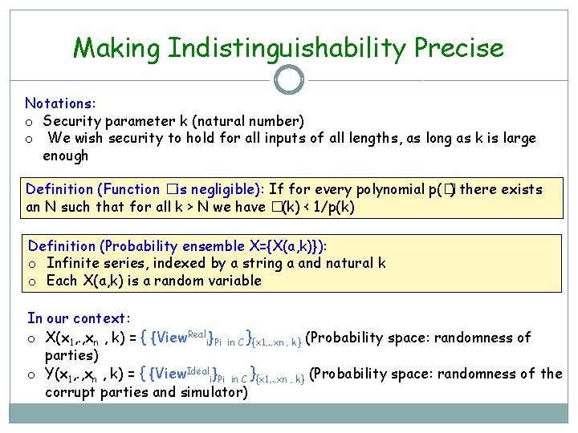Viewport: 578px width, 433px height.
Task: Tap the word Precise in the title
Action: click(x=459, y=49)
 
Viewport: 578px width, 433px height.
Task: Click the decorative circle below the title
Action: click(x=289, y=79)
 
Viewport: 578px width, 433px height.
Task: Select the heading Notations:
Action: click(x=59, y=103)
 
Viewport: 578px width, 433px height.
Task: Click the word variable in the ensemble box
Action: click(x=233, y=281)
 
